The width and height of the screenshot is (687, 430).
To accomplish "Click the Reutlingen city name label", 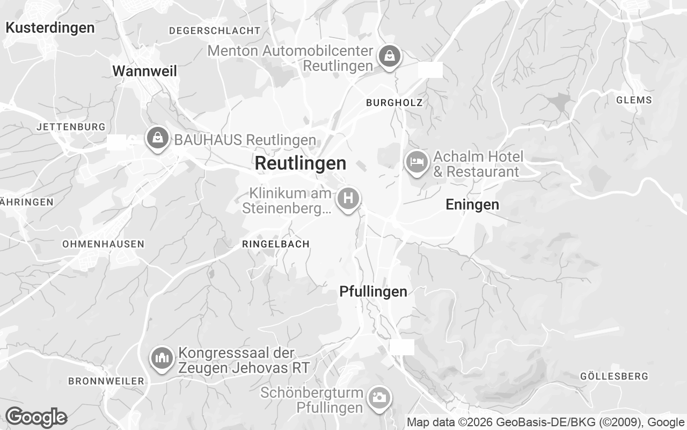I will point(301,163).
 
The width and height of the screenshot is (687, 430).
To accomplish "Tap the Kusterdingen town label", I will point(50,27).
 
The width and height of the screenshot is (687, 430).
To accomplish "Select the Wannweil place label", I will point(144,71).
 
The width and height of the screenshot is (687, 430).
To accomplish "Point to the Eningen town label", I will point(472,204).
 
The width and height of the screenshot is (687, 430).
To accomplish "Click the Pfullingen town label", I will point(373,291).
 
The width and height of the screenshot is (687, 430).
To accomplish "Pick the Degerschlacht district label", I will point(214,31).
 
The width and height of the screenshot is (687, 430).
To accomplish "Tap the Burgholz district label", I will point(394,102).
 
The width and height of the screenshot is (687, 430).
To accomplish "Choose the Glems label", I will point(634,99).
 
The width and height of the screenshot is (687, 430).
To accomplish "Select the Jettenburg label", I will point(71,127).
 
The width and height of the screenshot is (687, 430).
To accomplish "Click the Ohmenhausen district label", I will point(103,243).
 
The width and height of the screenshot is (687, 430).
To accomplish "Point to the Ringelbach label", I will point(276,243).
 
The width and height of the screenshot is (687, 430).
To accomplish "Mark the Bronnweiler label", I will point(106,381).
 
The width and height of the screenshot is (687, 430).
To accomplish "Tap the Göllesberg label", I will point(614,376).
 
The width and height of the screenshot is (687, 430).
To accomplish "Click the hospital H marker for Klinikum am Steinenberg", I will point(348,198).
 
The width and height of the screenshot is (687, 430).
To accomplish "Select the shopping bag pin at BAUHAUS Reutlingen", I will point(157,138).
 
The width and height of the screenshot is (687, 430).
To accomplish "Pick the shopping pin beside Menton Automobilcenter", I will point(389,55).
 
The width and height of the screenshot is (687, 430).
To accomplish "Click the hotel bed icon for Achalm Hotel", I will point(416,161).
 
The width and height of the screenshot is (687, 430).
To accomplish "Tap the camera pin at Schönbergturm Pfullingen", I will point(379,398).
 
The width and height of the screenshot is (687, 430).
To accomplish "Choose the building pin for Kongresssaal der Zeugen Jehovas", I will point(162,357).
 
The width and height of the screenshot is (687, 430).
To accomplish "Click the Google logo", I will point(36,417).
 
